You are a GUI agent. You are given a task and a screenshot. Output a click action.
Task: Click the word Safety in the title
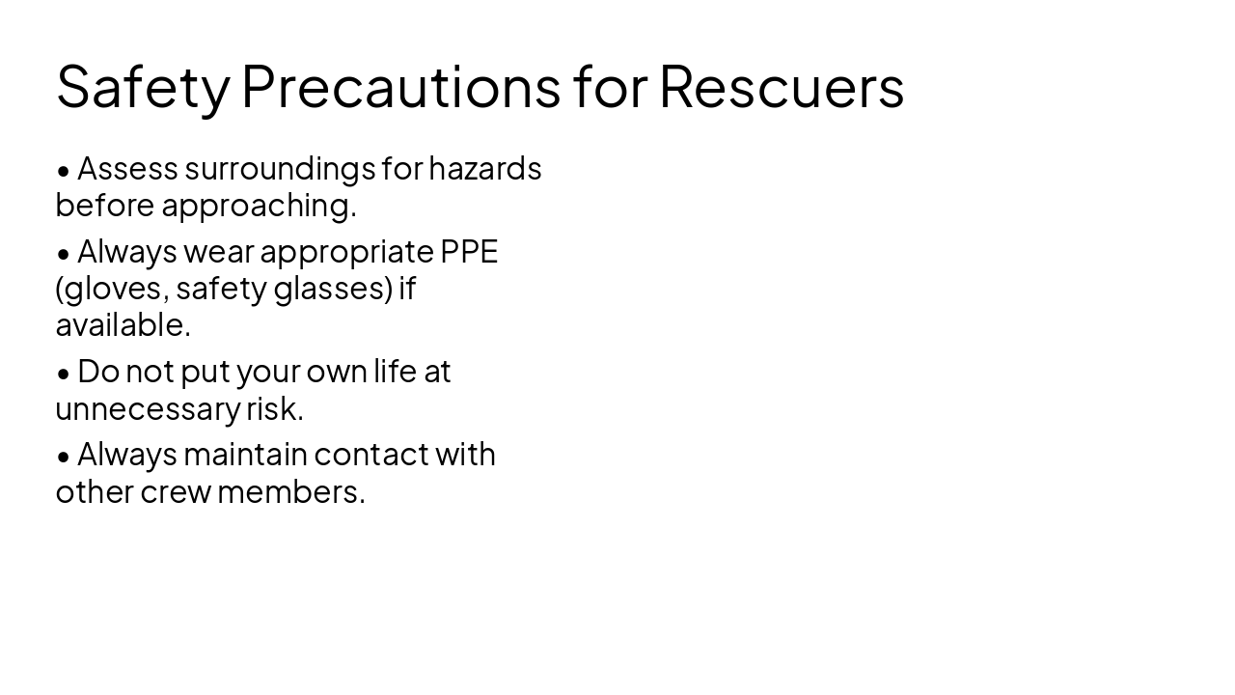pyautogui.click(x=143, y=86)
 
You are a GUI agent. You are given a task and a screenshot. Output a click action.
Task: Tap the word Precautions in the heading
pyautogui.click(x=400, y=86)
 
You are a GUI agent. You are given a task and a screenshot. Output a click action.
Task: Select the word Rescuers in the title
pyautogui.click(x=782, y=86)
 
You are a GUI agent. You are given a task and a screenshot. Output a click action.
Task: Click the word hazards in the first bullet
pyautogui.click(x=485, y=169)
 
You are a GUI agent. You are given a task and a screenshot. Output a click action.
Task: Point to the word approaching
pyautogui.click(x=259, y=206)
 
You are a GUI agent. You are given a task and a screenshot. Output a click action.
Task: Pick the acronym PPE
pyautogui.click(x=469, y=252)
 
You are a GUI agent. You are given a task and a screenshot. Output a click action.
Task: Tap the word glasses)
pyautogui.click(x=334, y=289)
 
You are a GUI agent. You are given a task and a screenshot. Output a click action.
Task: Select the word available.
pyautogui.click(x=123, y=325)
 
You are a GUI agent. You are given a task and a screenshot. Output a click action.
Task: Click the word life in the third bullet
pyautogui.click(x=396, y=372)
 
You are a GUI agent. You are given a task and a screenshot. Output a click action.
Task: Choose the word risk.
pyautogui.click(x=275, y=408)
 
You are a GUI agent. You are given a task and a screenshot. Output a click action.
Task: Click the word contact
pyautogui.click(x=371, y=455)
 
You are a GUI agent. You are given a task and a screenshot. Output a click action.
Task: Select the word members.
pyautogui.click(x=291, y=491)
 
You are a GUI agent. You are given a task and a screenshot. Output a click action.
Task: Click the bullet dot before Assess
pyautogui.click(x=64, y=171)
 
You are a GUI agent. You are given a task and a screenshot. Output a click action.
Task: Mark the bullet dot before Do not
pyautogui.click(x=64, y=374)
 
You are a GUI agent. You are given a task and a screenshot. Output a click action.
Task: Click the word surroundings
pyautogui.click(x=279, y=169)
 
